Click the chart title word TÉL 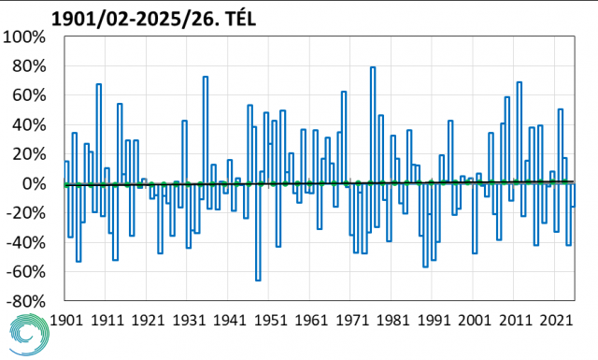tap(241, 19)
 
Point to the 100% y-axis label tap(23, 37)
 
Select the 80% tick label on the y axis tap(29, 66)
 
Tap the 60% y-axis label tap(29, 95)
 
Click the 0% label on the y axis tap(34, 184)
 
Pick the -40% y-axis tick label tap(25, 243)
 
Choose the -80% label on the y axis tap(25, 302)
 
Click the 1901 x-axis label tap(66, 320)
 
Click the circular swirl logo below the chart tap(29, 335)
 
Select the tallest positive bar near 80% tap(373, 125)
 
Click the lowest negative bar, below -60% tap(258, 232)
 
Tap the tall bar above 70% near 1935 tap(206, 130)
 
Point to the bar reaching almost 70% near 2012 tap(520, 133)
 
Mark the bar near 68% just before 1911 tap(99, 134)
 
